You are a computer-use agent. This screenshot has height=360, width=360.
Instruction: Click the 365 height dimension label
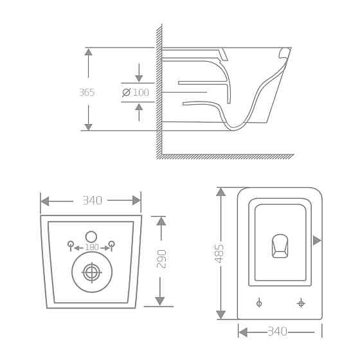tap(87, 93)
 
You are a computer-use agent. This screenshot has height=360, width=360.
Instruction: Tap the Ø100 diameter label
tap(136, 93)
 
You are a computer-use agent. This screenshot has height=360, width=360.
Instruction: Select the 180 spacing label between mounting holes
tap(91, 248)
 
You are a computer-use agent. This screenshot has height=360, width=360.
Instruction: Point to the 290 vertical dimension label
tap(162, 258)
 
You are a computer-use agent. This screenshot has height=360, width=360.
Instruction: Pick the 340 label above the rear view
tap(92, 201)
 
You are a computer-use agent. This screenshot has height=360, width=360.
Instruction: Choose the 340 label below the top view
tap(277, 332)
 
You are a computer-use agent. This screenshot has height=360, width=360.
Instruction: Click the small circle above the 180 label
tap(91, 236)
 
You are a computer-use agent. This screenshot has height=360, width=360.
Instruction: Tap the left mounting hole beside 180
tap(71, 244)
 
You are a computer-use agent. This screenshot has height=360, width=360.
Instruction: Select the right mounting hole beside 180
tap(112, 244)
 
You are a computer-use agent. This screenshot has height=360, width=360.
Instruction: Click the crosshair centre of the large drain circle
tap(91, 273)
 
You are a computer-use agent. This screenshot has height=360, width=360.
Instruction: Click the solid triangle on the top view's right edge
tap(316, 240)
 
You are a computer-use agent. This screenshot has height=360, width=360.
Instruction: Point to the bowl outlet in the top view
tap(280, 246)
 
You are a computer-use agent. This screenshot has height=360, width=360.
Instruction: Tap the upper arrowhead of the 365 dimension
tap(88, 51)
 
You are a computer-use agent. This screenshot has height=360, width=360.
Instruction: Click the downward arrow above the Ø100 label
tap(139, 78)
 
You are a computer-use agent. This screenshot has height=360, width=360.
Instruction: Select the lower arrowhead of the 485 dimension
tap(221, 314)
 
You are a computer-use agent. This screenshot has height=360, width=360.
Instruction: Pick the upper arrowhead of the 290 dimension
tap(161, 221)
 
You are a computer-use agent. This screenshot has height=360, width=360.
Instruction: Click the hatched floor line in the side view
tap(225, 156)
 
